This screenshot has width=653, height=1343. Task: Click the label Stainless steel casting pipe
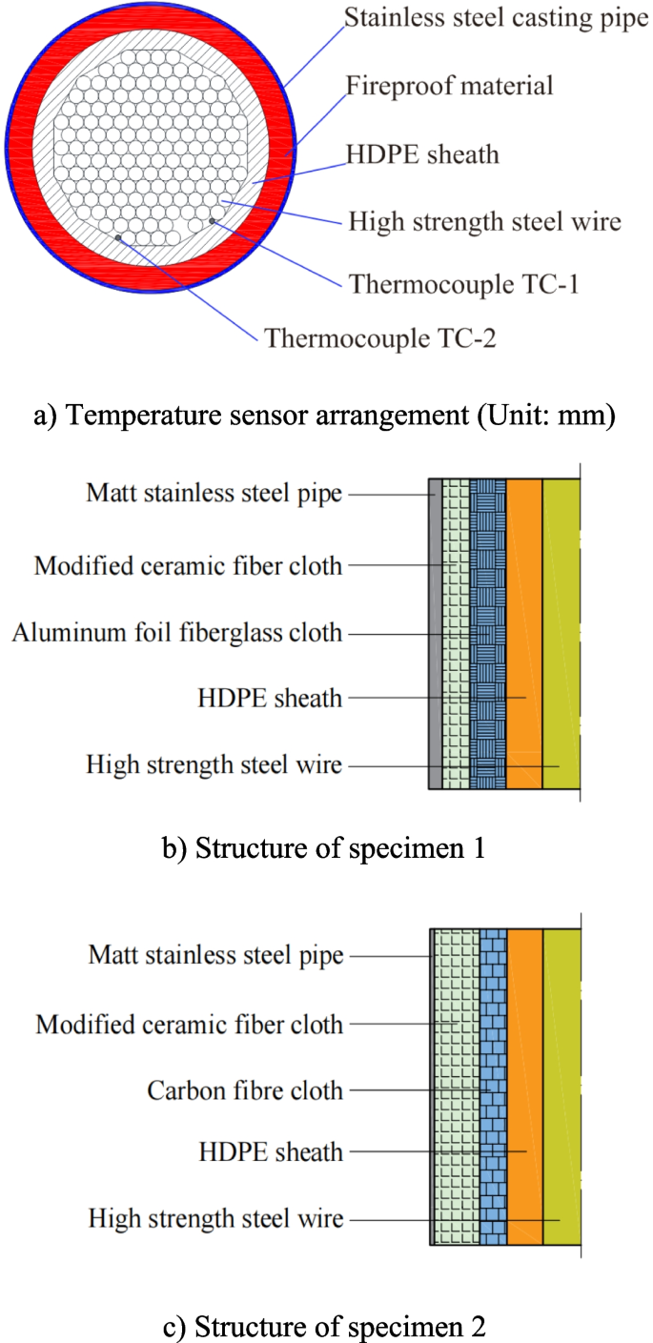(x=496, y=18)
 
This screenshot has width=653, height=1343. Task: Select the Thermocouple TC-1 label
(x=464, y=283)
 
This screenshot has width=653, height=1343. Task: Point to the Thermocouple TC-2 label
(x=380, y=337)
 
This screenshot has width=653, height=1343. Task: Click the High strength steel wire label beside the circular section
(x=484, y=221)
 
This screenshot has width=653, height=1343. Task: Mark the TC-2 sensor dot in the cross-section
(x=117, y=237)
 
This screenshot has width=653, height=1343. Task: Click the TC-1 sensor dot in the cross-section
(x=212, y=221)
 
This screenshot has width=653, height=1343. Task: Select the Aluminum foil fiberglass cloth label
(x=177, y=631)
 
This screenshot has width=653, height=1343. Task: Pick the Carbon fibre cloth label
(x=245, y=1089)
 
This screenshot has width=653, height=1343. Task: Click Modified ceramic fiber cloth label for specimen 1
(x=188, y=565)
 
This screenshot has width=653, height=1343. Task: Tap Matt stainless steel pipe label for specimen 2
(x=216, y=955)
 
